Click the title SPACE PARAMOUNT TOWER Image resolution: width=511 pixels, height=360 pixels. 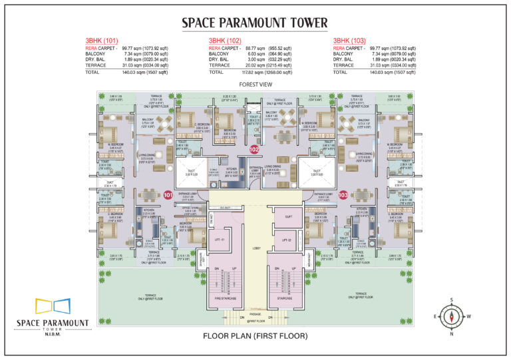[255, 23]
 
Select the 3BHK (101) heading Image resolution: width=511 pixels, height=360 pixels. [99, 41]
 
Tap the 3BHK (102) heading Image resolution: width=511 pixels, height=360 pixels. [224, 41]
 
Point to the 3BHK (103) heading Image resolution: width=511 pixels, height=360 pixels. [349, 41]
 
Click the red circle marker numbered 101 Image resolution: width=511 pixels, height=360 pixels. [168, 196]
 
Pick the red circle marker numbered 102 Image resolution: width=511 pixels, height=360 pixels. [254, 150]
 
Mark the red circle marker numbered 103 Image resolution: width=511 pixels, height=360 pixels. [343, 196]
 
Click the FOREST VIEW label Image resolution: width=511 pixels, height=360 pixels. [255, 85]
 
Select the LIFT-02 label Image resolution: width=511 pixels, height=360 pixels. [287, 240]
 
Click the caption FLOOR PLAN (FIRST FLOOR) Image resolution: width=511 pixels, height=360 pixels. [255, 336]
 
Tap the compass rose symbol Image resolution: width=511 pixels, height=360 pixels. [450, 317]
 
